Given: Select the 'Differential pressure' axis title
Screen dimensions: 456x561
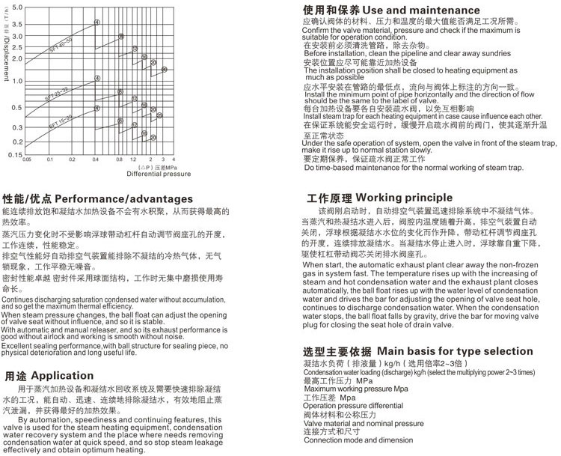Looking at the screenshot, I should (x=138, y=174).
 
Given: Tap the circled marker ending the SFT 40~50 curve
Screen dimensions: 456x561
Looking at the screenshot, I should (x=96, y=22).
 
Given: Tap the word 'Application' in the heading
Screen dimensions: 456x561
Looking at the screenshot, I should (x=62, y=377).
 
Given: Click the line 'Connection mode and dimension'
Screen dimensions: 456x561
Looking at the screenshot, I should (x=354, y=440).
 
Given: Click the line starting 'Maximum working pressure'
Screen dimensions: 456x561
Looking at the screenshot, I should (x=355, y=389).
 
